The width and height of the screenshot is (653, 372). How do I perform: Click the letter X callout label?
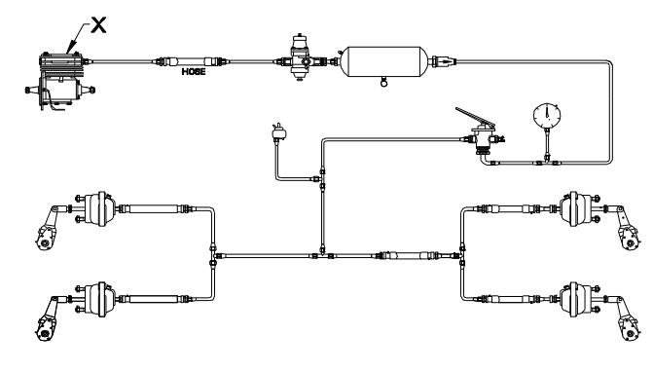pyautogui.click(x=98, y=25)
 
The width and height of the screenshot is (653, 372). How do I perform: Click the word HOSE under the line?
pyautogui.click(x=194, y=72)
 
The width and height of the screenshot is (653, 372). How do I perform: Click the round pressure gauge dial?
pyautogui.click(x=547, y=115)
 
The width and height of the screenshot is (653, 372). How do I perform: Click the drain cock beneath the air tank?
pyautogui.click(x=383, y=82)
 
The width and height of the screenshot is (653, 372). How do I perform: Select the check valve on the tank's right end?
pyautogui.click(x=444, y=61)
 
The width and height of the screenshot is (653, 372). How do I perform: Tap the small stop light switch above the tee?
pyautogui.click(x=278, y=132)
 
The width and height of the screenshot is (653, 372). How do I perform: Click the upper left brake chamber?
pyautogui.click(x=96, y=208)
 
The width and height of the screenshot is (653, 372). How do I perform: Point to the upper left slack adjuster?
pyautogui.click(x=48, y=228)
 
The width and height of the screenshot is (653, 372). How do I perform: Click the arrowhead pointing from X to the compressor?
pyautogui.click(x=71, y=46)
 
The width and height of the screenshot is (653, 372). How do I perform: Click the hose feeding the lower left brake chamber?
pyautogui.click(x=153, y=299)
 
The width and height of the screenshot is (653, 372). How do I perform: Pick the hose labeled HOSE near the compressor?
pyautogui.click(x=192, y=62)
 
